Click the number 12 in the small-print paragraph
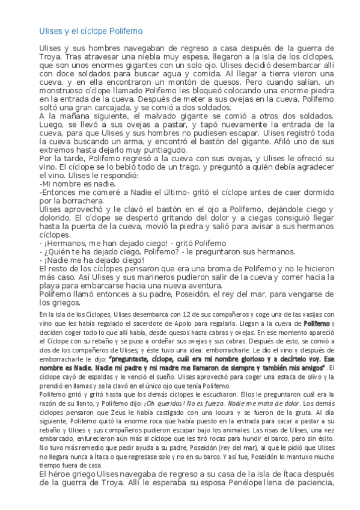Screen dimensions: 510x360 point(166,314)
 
